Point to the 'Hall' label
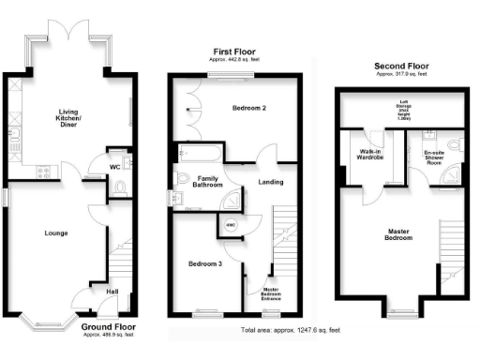[x=112, y=292]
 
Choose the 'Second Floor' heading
[x=400, y=66]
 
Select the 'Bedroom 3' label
[x=205, y=263]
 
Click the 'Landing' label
[x=271, y=182]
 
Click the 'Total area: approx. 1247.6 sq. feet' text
[x=290, y=330]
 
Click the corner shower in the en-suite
[x=453, y=172]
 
